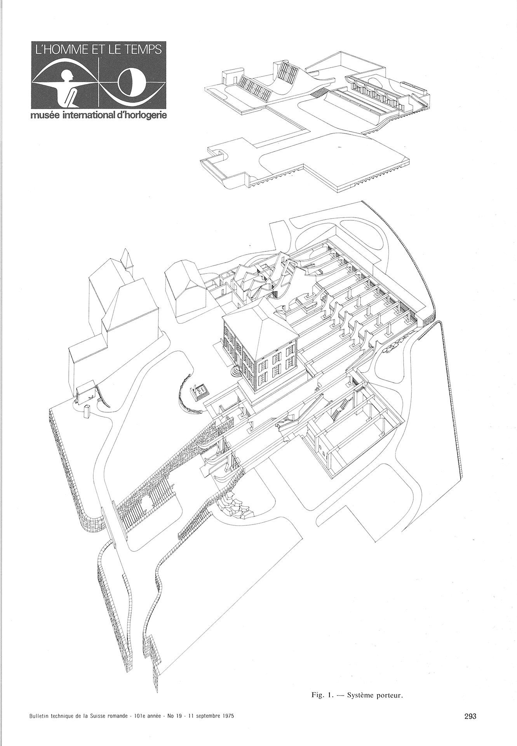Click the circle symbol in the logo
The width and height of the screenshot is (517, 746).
click(x=132, y=82)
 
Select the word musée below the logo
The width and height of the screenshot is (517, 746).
click(x=42, y=116)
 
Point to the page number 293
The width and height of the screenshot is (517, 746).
click(x=470, y=716)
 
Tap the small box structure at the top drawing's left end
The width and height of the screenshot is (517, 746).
click(x=229, y=77)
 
